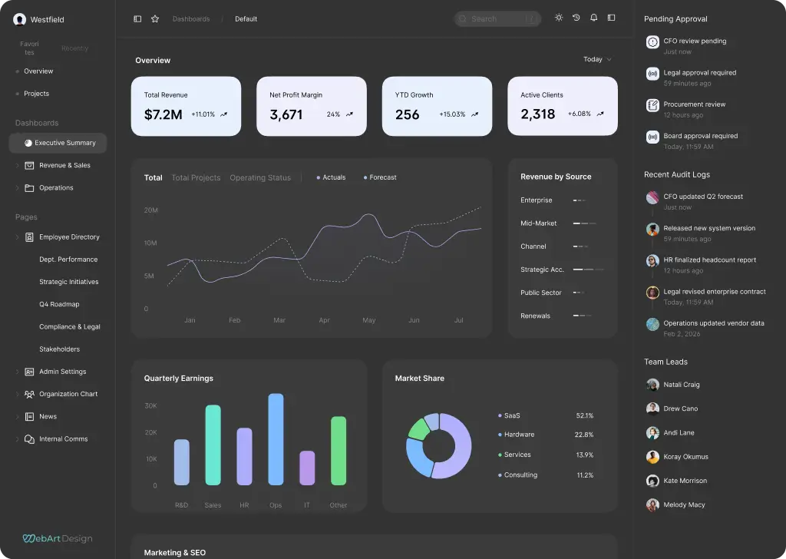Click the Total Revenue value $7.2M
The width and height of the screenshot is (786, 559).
pos(163,114)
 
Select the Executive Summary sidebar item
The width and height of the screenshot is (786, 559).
pos(64,143)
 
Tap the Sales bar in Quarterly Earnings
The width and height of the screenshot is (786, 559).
pos(213,445)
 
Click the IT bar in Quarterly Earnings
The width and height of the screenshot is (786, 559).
pos(307,468)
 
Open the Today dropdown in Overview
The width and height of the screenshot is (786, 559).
pos(597,59)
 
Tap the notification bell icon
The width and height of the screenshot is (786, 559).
pos(593,18)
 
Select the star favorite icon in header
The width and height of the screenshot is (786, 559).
pos(155,18)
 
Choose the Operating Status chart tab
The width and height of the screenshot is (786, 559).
pos(260,177)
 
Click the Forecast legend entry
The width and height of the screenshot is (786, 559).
pos(380,177)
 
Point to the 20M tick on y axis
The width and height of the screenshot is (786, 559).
pos(150,210)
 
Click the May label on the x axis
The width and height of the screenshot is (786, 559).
pos(368,320)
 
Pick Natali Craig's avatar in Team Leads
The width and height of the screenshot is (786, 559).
pos(652,385)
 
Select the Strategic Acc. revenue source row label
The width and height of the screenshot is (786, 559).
pos(542,270)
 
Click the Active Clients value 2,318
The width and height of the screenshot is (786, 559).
pos(537,114)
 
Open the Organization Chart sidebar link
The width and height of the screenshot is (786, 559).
pos(68,394)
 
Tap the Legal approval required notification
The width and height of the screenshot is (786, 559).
pos(699,73)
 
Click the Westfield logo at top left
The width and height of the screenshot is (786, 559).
pos(19,19)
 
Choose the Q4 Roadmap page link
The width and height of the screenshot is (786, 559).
pos(59,304)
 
